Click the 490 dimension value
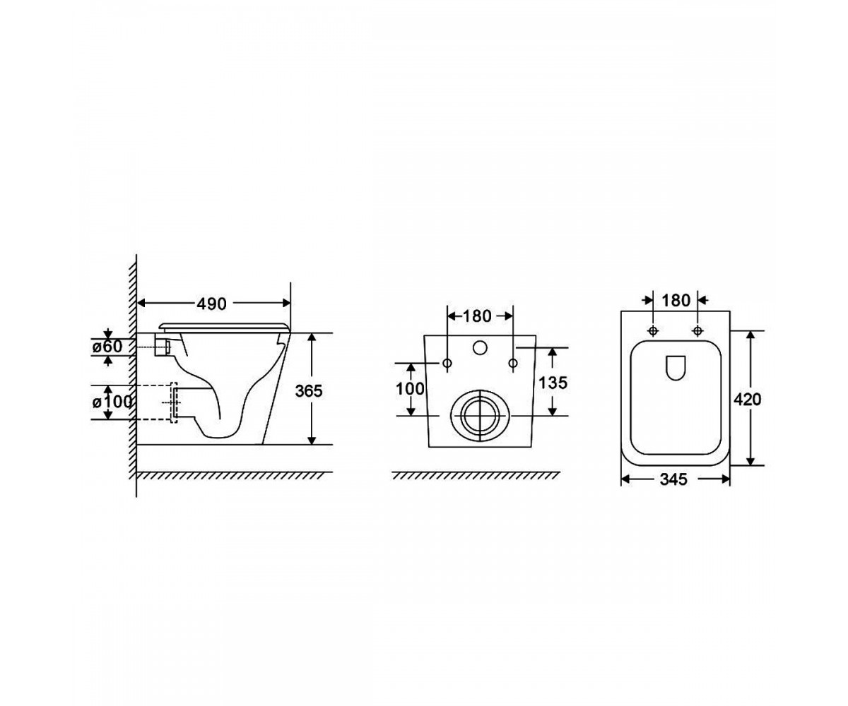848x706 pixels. (x=211, y=304)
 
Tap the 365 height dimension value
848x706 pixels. (x=309, y=390)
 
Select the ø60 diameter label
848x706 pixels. (x=107, y=347)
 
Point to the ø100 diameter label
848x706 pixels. (x=112, y=402)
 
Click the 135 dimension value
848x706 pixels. (x=553, y=383)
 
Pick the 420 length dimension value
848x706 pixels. (x=747, y=400)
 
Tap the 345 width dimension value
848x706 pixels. (x=673, y=479)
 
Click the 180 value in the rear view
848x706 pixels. (x=477, y=316)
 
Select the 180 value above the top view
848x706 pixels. (x=676, y=301)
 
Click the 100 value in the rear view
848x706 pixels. (x=410, y=389)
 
